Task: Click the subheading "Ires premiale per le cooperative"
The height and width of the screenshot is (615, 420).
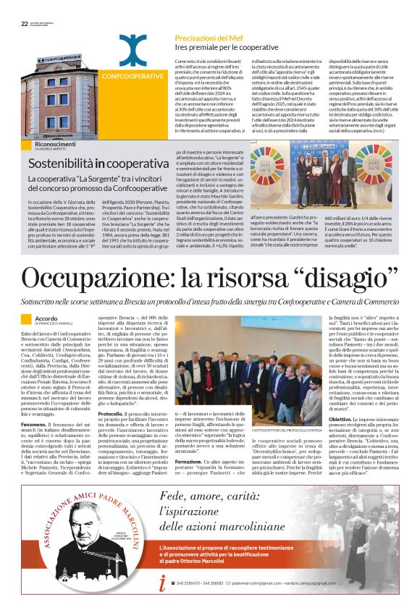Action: [215, 46]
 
